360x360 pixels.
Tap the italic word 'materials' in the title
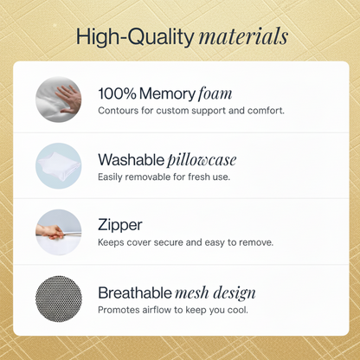242,37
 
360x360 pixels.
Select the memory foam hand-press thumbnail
58,99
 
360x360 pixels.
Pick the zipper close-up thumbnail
58,231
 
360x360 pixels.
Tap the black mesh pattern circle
58,297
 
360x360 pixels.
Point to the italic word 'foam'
216,92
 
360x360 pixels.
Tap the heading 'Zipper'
120,224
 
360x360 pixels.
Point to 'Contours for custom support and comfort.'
191,111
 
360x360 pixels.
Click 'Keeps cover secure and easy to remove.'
186,242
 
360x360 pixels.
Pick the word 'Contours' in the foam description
118,111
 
